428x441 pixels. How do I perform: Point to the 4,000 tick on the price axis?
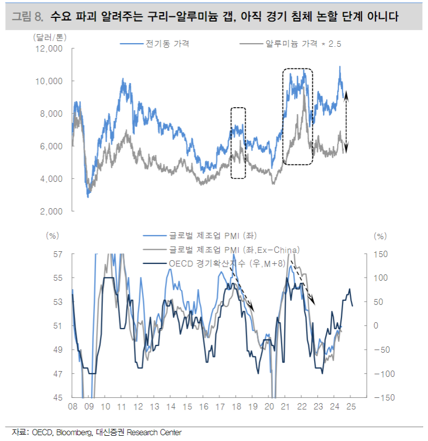(51, 179)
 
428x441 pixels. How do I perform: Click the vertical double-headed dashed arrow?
(347, 122)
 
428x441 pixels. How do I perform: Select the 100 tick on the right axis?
(382, 278)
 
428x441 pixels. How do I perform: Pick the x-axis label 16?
(204, 407)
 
